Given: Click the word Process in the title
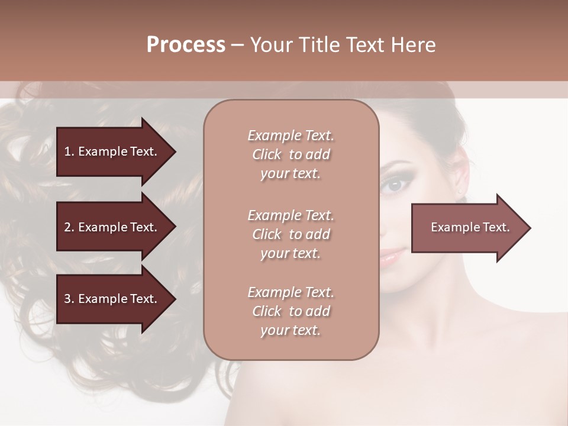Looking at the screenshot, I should click(186, 45).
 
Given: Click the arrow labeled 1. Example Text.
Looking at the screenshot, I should click(112, 151).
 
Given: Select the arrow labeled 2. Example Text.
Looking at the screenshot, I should click(112, 227).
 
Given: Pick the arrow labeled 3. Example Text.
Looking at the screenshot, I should click(112, 299).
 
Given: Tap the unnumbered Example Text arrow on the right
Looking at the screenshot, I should click(467, 228).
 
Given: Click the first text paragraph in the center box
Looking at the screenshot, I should click(291, 154).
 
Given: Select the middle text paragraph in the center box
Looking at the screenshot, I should click(291, 234).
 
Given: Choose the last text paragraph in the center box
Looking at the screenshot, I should click(291, 311).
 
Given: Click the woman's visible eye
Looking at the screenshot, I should click(392, 185).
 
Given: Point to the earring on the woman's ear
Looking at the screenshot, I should click(460, 192).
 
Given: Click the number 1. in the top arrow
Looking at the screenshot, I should click(69, 151).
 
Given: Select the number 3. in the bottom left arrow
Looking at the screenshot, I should click(69, 299).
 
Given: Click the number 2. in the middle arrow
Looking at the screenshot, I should click(69, 227).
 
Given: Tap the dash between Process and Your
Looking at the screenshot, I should click(237, 46).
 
